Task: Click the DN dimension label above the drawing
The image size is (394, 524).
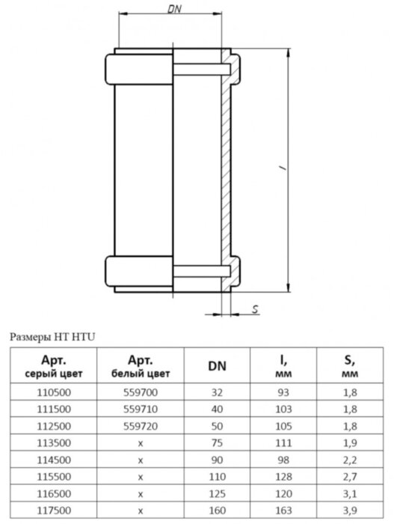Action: click(174, 9)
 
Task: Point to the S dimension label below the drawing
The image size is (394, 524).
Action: click(256, 309)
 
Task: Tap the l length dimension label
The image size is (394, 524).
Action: click(284, 168)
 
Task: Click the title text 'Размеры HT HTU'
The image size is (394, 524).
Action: click(52, 337)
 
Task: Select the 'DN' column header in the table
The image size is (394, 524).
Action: click(217, 366)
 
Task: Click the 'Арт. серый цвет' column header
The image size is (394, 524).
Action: click(53, 367)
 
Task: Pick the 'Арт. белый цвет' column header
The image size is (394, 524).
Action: click(141, 367)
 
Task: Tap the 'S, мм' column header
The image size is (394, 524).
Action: click(350, 367)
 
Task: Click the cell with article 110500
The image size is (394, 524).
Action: click(54, 392)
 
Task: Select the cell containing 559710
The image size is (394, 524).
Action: click(141, 409)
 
